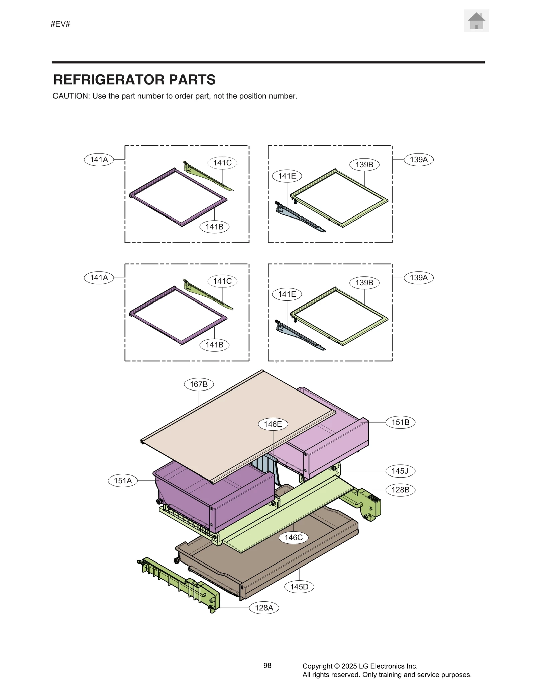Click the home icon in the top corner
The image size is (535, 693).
coord(476,21)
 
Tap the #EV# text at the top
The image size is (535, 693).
coord(60,24)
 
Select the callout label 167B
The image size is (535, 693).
coord(199,384)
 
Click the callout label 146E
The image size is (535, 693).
coord(273,424)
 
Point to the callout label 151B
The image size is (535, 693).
coord(400,422)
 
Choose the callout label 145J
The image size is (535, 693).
coord(400,471)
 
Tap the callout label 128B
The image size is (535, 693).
coord(400,490)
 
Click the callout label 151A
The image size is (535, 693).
coord(123,481)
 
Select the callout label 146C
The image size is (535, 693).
coord(293,538)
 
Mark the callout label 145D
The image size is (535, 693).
coord(299,587)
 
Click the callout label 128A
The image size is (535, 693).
coord(264,608)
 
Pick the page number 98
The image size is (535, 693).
coord(267,666)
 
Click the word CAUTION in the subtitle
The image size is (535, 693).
coord(71,96)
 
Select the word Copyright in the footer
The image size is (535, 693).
coord(317,666)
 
